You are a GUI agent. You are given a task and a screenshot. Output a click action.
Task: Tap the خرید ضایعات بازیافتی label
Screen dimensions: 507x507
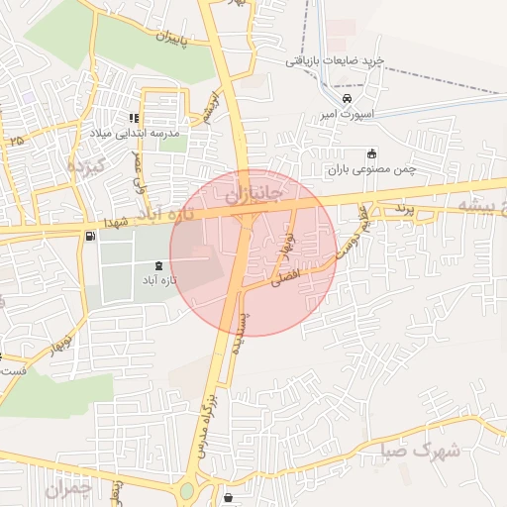(x=334, y=61)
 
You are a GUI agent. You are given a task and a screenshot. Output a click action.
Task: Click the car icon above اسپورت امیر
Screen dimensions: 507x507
(x=347, y=99)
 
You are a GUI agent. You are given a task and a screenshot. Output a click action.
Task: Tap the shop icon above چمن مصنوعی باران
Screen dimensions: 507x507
(x=371, y=153)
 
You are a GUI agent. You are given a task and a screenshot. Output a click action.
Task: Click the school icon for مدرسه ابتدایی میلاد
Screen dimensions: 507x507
(x=134, y=119)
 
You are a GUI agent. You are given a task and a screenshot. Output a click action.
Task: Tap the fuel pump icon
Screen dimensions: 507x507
(x=91, y=236)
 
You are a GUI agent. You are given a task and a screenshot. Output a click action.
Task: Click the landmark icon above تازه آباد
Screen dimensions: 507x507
(x=160, y=265)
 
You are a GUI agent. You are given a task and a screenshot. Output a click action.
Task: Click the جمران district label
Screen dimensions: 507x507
(x=68, y=488)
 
